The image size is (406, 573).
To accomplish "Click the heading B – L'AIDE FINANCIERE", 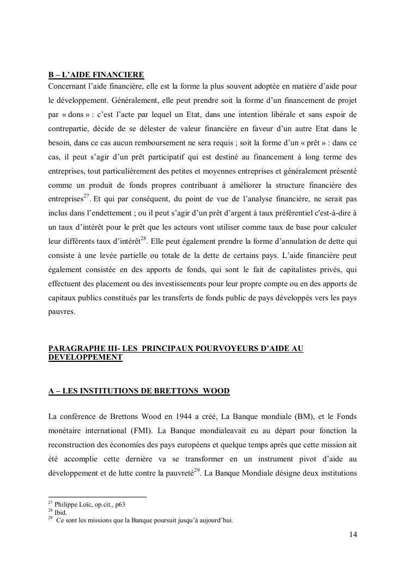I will [96, 75].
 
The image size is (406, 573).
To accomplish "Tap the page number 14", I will [353, 535].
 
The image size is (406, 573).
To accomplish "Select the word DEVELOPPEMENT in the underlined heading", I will [86, 358].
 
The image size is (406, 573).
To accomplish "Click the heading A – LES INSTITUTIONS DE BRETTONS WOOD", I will [139, 391].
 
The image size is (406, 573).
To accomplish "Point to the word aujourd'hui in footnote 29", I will [216, 520].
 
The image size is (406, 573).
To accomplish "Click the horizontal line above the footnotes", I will [98, 496].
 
